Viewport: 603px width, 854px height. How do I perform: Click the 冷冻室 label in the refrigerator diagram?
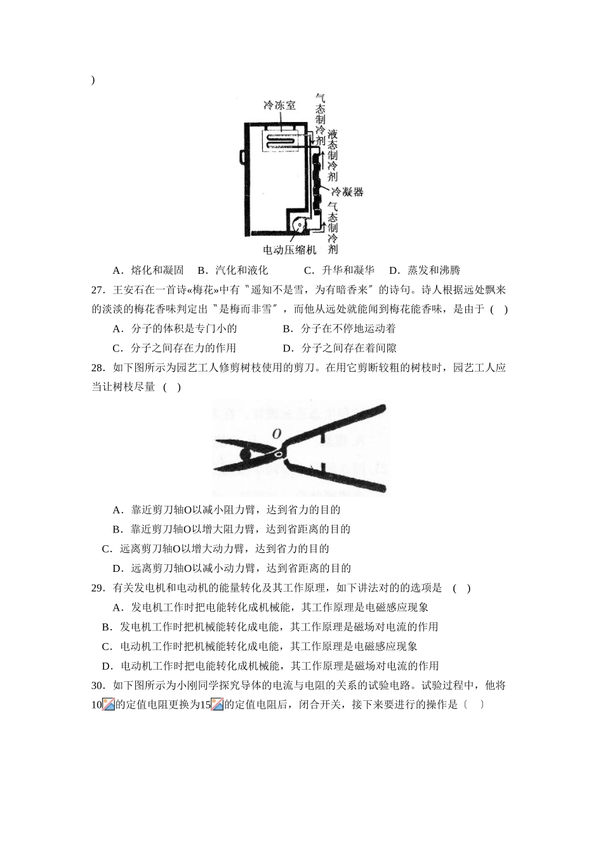tap(280, 105)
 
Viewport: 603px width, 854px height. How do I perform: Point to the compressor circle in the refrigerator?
tap(299, 225)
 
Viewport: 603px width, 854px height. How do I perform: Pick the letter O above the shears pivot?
tap(276, 434)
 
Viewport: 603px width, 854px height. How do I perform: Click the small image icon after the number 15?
tap(218, 705)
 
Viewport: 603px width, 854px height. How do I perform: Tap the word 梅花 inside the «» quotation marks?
tap(203, 290)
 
